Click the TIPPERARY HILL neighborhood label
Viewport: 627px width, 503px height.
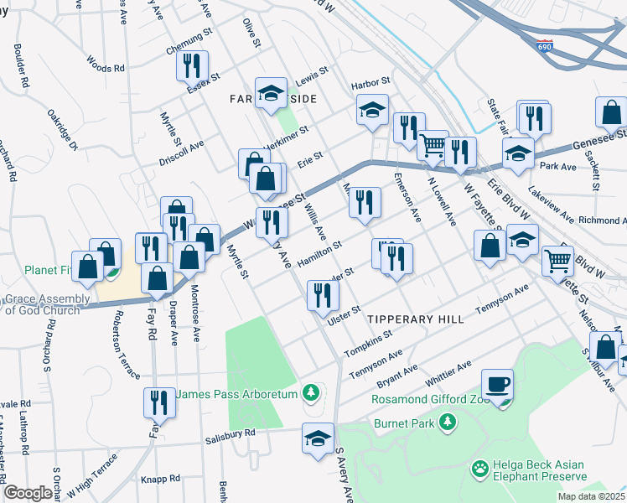tap(414, 319)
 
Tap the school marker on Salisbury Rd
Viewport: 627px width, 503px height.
tap(318, 438)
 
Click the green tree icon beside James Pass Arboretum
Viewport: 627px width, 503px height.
tap(311, 392)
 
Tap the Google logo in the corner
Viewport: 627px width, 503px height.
tap(28, 492)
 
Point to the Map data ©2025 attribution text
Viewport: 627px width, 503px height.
tap(592, 496)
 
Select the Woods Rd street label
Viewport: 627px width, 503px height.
tap(105, 64)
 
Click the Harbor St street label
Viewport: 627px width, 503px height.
tap(371, 81)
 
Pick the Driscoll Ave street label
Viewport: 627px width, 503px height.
tap(182, 152)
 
